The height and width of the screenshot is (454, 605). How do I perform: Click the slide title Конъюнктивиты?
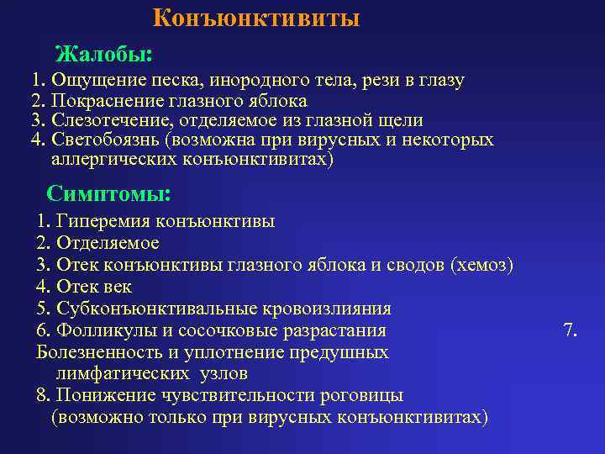pos(256,18)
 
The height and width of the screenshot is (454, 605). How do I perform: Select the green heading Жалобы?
pos(103,55)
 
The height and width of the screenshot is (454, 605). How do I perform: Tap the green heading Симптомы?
pos(108,193)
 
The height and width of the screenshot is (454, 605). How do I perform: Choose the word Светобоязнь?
pos(103,140)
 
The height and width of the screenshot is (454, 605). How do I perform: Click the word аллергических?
pos(107,159)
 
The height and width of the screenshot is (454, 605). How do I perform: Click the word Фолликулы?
pos(102,330)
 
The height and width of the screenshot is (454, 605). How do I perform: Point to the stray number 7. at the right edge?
pos(570,330)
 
